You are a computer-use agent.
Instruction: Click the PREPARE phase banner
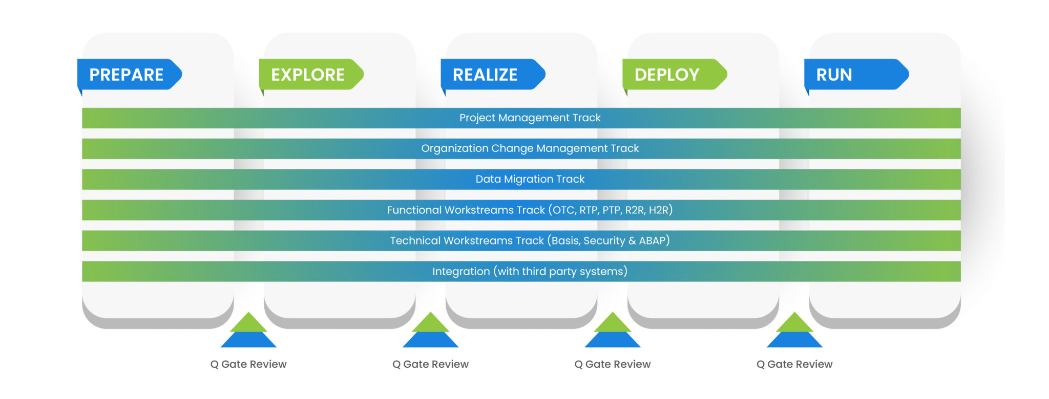point(128,75)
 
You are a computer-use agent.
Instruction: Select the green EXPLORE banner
point(310,75)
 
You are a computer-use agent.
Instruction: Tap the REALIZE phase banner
point(492,75)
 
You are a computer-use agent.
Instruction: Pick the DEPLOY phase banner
point(673,75)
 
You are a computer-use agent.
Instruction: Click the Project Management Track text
point(530,118)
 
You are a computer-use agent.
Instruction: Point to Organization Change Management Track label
point(530,149)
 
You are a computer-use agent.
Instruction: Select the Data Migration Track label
point(530,180)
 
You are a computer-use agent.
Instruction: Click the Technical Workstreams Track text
point(466,241)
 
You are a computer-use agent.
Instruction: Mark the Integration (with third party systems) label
point(530,272)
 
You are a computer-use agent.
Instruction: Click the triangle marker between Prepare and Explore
point(248,331)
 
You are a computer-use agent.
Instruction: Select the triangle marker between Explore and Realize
point(430,331)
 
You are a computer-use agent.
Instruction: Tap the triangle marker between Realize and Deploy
point(613,331)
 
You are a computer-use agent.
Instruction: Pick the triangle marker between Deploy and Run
point(794,331)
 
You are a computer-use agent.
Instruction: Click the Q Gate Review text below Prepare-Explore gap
point(248,364)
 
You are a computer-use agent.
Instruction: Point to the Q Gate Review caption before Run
point(794,364)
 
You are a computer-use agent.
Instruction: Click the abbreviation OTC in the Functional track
point(563,210)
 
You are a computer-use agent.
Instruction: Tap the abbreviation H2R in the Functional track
point(658,210)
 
